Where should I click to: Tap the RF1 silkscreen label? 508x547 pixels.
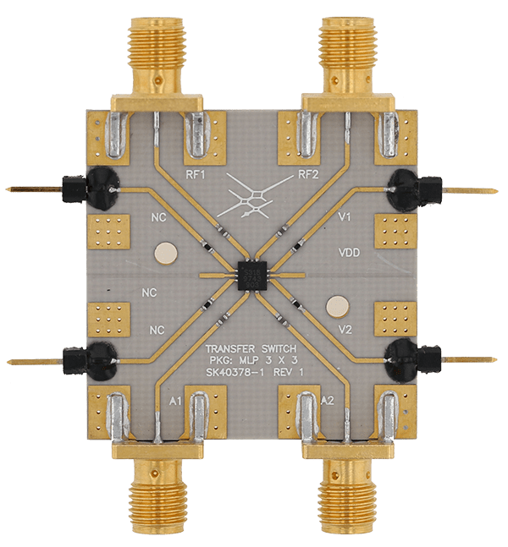[195, 175]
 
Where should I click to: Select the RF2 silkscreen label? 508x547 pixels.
[308, 174]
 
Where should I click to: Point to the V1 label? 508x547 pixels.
[344, 217]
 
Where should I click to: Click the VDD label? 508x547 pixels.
[350, 252]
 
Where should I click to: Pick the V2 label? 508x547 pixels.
[345, 329]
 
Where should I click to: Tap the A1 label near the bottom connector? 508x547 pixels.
[175, 402]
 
